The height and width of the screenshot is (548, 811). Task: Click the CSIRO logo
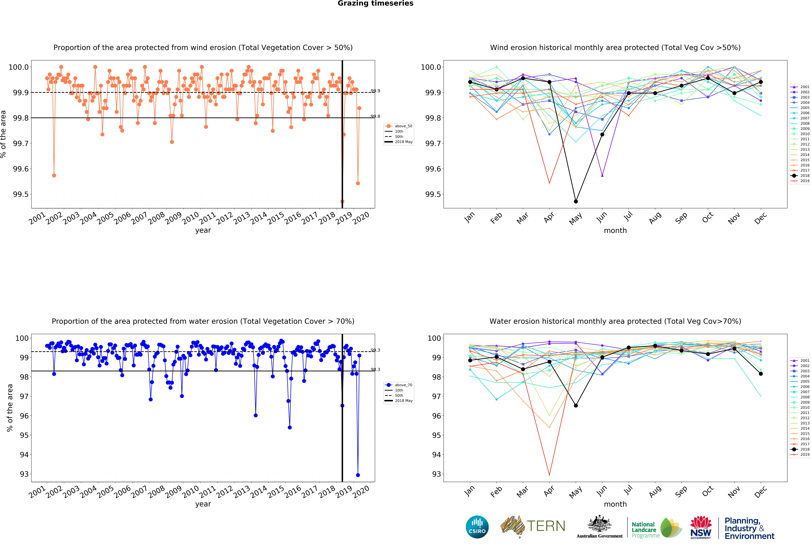(x=477, y=527)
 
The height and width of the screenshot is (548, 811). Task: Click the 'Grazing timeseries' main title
(x=376, y=4)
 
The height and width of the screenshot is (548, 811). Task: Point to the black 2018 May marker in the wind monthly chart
(x=576, y=201)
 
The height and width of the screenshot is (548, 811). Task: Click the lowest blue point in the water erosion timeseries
(x=358, y=475)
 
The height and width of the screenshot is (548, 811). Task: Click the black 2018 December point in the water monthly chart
(x=761, y=374)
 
